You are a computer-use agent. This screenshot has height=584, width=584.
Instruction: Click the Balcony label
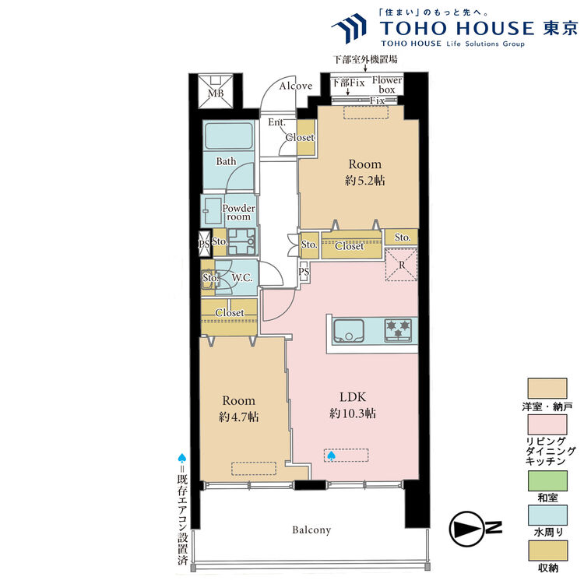[311, 529]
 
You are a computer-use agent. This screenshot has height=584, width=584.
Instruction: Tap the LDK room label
[353, 396]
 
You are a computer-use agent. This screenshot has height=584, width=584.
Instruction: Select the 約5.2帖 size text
[364, 181]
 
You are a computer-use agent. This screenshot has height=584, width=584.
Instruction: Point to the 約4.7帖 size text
[238, 417]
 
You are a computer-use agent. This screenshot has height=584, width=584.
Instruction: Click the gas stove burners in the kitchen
[398, 329]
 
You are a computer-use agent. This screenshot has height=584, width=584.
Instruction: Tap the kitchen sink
[349, 331]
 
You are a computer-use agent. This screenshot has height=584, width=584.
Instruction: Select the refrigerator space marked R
[401, 265]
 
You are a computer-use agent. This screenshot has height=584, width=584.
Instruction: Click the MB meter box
[215, 91]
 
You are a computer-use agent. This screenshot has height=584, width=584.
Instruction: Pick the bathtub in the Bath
[229, 136]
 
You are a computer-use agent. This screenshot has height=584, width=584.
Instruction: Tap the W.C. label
[242, 278]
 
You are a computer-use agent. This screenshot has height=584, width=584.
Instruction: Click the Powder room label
[239, 213]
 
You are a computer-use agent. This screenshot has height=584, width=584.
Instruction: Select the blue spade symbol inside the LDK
[331, 456]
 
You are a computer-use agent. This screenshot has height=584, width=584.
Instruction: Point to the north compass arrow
[467, 529]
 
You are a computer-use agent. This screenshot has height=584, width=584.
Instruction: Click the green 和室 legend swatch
[547, 480]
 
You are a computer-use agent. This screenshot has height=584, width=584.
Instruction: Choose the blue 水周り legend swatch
[547, 515]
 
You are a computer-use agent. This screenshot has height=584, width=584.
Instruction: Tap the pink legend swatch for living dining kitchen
[547, 424]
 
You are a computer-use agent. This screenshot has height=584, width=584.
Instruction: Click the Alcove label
[296, 86]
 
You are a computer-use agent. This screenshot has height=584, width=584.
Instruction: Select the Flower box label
[387, 85]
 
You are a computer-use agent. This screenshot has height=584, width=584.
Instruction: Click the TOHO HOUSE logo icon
[350, 26]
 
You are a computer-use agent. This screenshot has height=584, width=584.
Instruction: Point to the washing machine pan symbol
[241, 241]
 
